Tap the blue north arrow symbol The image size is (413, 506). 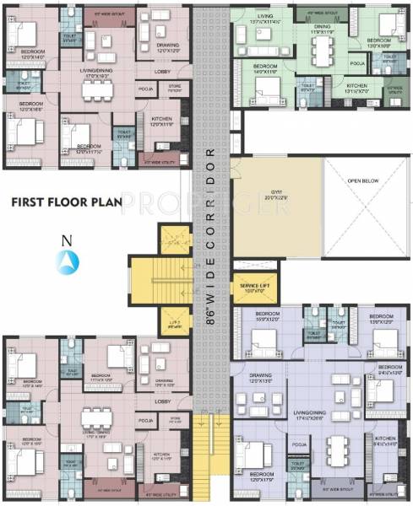pyautogui.click(x=66, y=264)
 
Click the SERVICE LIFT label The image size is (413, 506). pyautogui.click(x=253, y=286)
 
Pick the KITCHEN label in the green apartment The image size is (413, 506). pyautogui.click(x=357, y=85)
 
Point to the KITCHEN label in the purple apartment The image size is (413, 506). pyautogui.click(x=385, y=439)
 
